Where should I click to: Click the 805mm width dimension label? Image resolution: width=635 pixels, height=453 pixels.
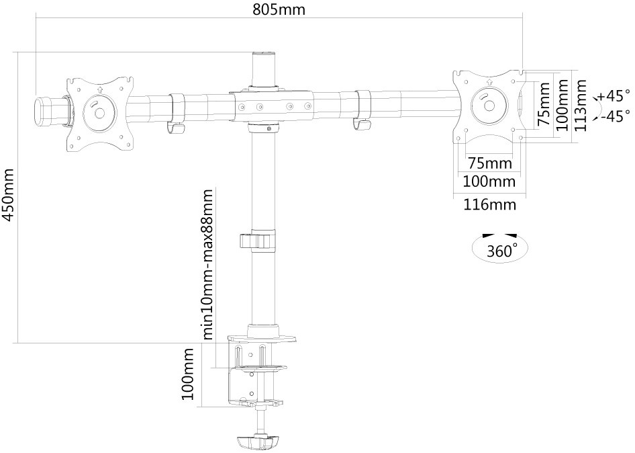pos(279,9)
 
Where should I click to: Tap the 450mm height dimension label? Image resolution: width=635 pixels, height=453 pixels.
pos(8,195)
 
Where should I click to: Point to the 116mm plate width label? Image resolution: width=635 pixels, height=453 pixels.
pos(489,204)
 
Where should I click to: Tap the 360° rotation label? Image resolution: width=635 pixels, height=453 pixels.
pos(502,251)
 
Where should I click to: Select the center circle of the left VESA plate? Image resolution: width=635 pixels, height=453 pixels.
pos(99,112)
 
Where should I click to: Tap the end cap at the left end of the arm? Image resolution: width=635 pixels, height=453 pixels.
pos(42,110)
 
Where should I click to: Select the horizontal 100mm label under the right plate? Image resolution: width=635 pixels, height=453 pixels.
pos(489,181)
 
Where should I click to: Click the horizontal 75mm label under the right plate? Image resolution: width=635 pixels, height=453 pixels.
pos(490,163)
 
